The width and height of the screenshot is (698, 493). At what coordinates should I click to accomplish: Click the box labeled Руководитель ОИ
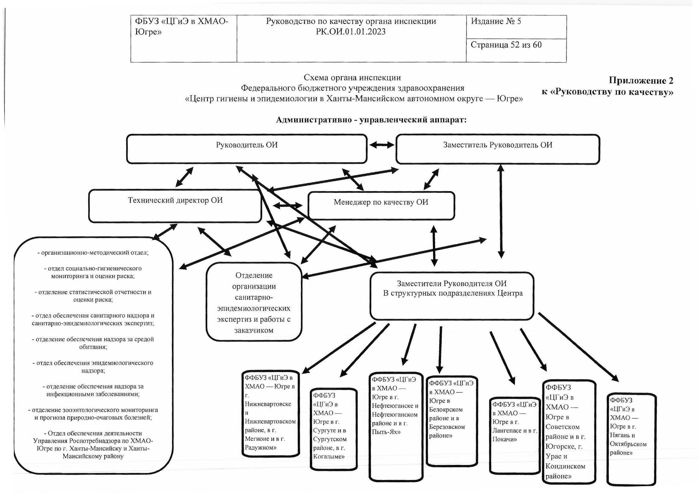[247, 149]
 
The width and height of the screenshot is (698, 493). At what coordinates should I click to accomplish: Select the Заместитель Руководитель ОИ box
[498, 149]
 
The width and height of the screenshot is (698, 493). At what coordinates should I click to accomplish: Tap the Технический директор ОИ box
[175, 206]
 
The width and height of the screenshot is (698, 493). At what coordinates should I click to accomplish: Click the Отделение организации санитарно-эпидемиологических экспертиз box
[254, 302]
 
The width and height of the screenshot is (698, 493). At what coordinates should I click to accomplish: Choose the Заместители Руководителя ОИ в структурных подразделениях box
[452, 296]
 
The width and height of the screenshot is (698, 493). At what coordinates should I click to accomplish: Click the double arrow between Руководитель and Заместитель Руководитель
[382, 145]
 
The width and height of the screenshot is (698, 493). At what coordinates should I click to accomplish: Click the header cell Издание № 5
[516, 27]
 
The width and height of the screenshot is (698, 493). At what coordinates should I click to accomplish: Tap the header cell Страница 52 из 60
[516, 50]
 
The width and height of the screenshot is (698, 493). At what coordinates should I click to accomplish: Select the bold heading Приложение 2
[641, 80]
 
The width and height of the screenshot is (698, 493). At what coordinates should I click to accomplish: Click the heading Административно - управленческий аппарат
[371, 120]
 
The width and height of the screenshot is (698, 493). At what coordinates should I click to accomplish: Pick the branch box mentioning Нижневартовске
[270, 413]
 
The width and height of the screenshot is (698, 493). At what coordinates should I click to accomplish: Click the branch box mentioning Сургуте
[333, 429]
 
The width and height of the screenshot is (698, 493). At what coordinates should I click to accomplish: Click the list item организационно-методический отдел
[93, 252]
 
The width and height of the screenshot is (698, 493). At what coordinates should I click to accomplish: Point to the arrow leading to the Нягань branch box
[579, 347]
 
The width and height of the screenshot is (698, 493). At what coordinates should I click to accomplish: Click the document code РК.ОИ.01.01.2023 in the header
[351, 32]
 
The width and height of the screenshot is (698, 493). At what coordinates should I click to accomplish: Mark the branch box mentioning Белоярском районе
[452, 421]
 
